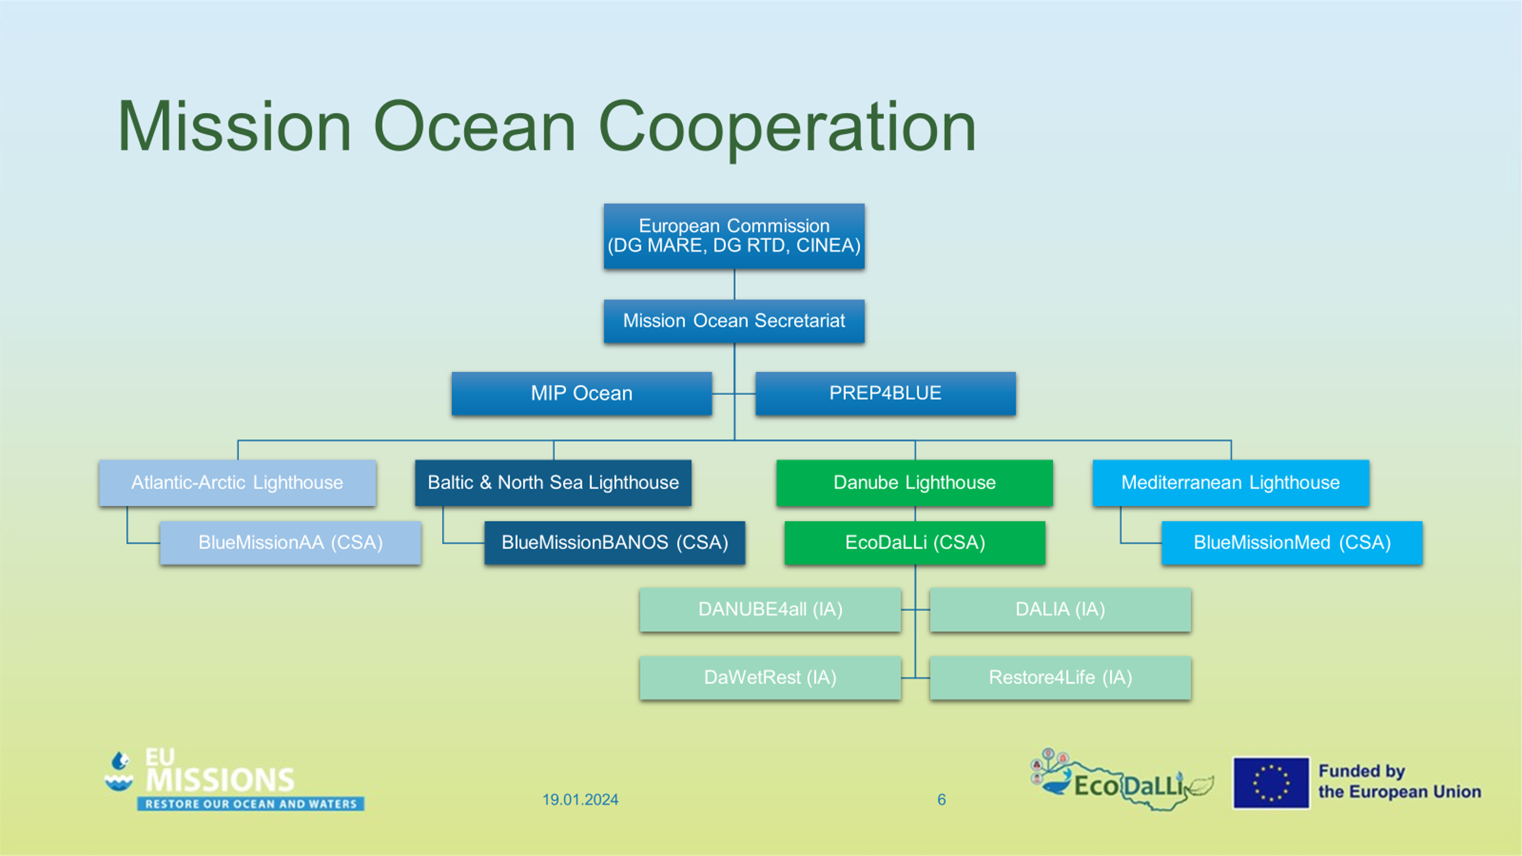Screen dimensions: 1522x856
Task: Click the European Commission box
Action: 734,236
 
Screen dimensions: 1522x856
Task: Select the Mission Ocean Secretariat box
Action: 734,321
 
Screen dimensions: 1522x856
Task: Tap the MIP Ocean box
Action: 582,394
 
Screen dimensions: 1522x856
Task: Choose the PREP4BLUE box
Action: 885,394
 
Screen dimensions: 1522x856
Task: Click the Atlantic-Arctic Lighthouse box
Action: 237,483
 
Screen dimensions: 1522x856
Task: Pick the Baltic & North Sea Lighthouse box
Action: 553,483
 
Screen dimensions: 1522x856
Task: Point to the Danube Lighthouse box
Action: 914,483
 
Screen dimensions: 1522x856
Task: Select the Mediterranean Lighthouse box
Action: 1231,483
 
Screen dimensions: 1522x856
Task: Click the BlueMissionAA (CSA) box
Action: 290,543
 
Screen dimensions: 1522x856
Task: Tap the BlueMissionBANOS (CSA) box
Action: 614,543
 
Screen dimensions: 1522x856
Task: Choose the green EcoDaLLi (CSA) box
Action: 915,543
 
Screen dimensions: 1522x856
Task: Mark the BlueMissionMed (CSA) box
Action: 1292,543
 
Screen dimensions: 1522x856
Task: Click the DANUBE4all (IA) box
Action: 770,610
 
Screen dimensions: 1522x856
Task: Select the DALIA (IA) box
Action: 1061,610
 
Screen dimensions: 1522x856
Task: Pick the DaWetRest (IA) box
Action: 770,678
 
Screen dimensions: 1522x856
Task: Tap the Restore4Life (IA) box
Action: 1061,678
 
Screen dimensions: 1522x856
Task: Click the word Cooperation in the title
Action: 787,128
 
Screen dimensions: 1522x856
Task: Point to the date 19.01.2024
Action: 580,800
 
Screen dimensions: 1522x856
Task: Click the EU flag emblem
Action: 1271,783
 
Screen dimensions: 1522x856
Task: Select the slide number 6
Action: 942,800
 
